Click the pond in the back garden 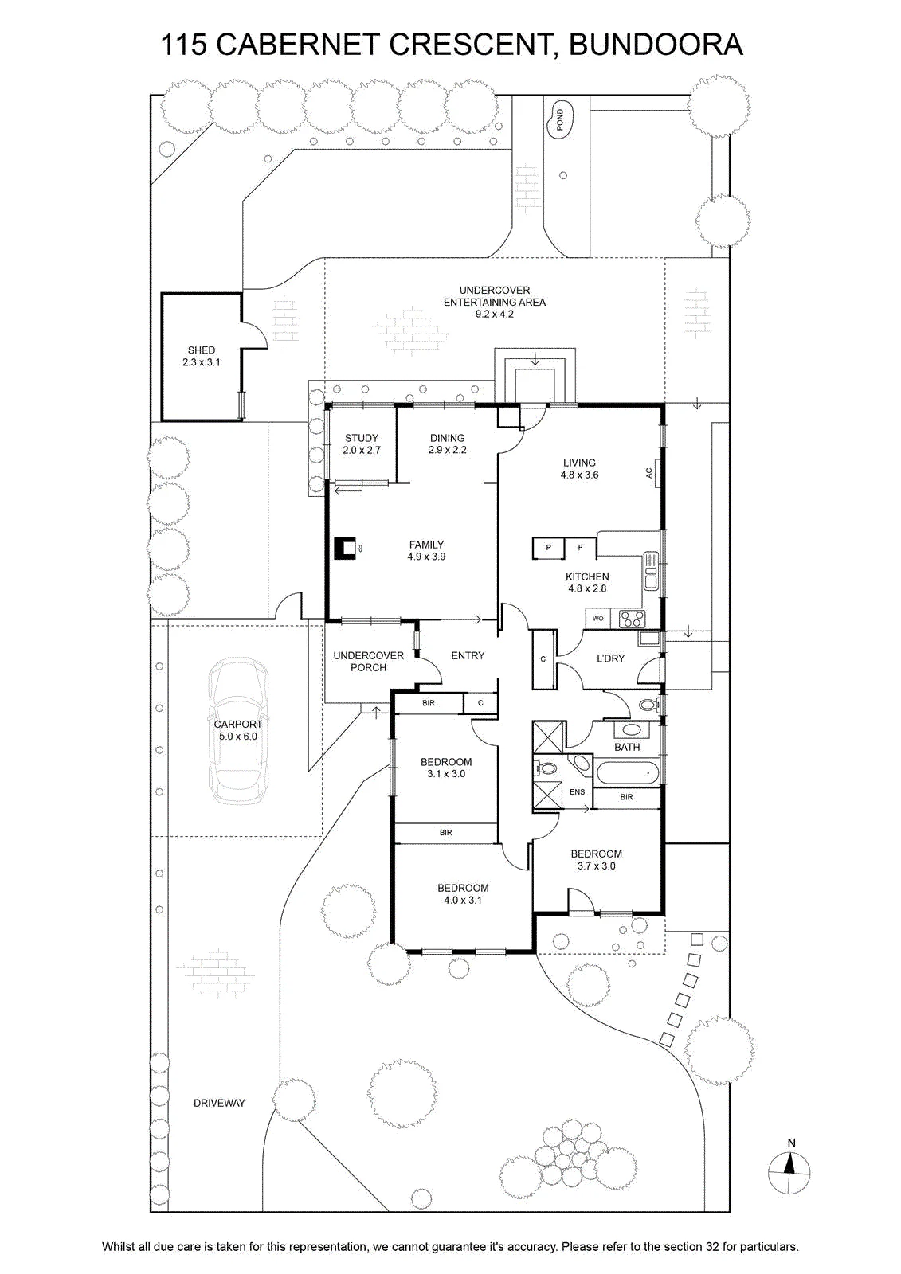tap(560, 120)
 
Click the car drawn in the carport tap(238, 731)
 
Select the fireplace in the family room tap(345, 549)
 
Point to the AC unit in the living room tap(652, 473)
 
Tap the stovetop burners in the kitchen tap(632, 619)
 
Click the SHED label tap(202, 350)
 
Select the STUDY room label tap(362, 438)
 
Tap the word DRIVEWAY tap(219, 1103)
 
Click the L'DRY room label tap(610, 658)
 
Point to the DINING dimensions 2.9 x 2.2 tap(448, 450)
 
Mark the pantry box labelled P tap(548, 549)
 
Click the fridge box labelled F tap(580, 549)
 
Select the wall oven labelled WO tap(597, 619)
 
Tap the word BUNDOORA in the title tap(656, 45)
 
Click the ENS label tap(577, 791)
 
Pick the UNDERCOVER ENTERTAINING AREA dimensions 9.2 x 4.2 tap(495, 314)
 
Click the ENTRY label tap(468, 656)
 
